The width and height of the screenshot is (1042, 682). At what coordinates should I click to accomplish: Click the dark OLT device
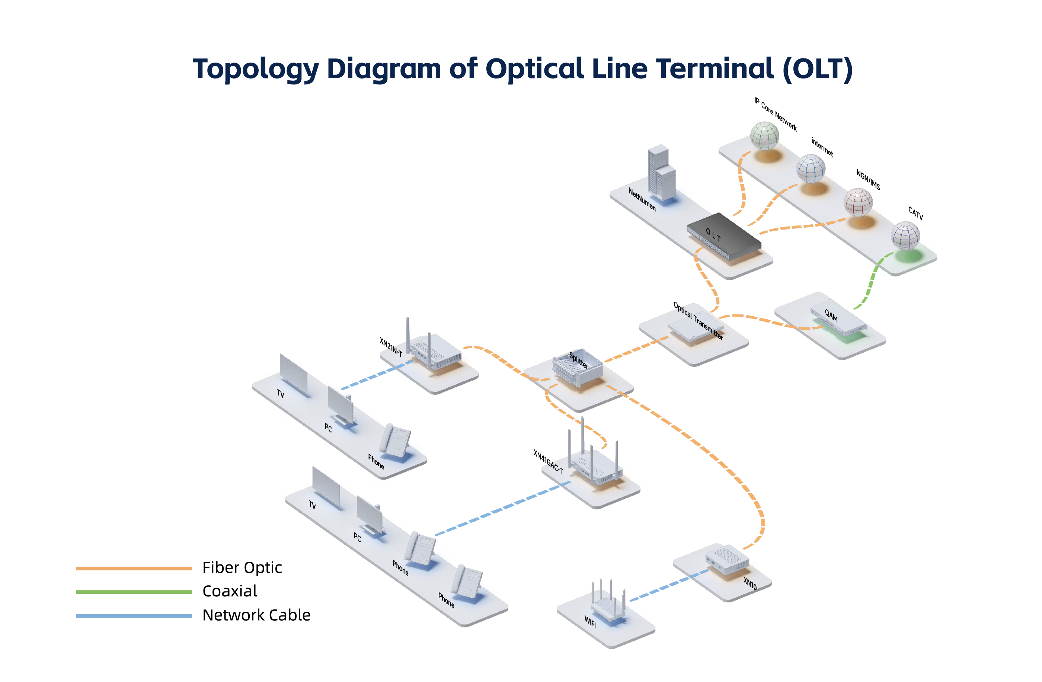point(723,236)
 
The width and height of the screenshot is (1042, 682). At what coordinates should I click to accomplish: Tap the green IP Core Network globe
point(764,136)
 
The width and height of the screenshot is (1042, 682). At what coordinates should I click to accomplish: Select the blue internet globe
point(811,169)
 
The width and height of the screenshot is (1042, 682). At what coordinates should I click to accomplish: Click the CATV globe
point(905,236)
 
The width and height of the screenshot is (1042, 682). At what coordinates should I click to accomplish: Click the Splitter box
point(577,368)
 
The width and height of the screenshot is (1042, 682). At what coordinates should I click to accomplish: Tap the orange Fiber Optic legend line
point(134,568)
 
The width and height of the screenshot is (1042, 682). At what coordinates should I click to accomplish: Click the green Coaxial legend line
point(134,592)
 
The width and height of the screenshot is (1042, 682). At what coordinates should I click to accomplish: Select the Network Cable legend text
point(256,615)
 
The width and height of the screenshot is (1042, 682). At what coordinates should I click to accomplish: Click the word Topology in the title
point(256,69)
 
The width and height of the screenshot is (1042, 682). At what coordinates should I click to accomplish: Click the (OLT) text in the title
point(817,69)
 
